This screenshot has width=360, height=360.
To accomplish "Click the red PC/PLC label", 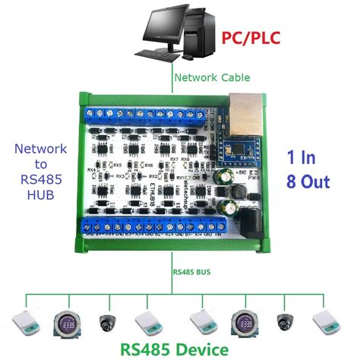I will click(254, 39).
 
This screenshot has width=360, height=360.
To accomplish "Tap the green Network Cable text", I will click(212, 77).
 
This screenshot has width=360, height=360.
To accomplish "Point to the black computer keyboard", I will click(161, 54).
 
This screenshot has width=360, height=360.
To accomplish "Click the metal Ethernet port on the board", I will click(245, 108).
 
